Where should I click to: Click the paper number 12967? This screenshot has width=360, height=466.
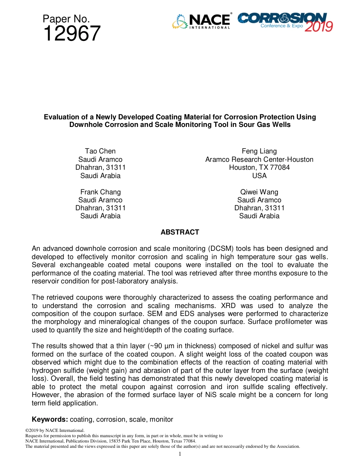pyautogui.click(x=72, y=34)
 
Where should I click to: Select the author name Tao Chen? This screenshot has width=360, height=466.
pyautogui.click(x=100, y=151)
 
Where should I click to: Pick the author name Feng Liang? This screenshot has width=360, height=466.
pyautogui.click(x=259, y=151)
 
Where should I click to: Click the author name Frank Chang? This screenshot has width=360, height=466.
pyautogui.click(x=100, y=192)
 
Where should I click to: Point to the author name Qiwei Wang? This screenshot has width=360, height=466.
pyautogui.click(x=259, y=192)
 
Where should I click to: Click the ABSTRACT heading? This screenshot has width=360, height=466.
pyautogui.click(x=180, y=232)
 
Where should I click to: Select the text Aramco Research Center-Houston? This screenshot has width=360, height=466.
pyautogui.click(x=259, y=160)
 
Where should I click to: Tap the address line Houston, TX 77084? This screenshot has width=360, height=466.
pyautogui.click(x=259, y=167)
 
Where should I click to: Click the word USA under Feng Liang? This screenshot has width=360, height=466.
pyautogui.click(x=259, y=176)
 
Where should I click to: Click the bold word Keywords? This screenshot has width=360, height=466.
pyautogui.click(x=50, y=419)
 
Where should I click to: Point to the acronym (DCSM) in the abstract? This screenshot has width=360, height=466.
pyautogui.click(x=219, y=249)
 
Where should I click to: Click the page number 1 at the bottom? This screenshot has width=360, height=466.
pyautogui.click(x=180, y=454)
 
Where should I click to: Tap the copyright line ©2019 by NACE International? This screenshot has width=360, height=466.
pyautogui.click(x=55, y=430)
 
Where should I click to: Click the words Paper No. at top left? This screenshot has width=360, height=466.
pyautogui.click(x=66, y=19)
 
